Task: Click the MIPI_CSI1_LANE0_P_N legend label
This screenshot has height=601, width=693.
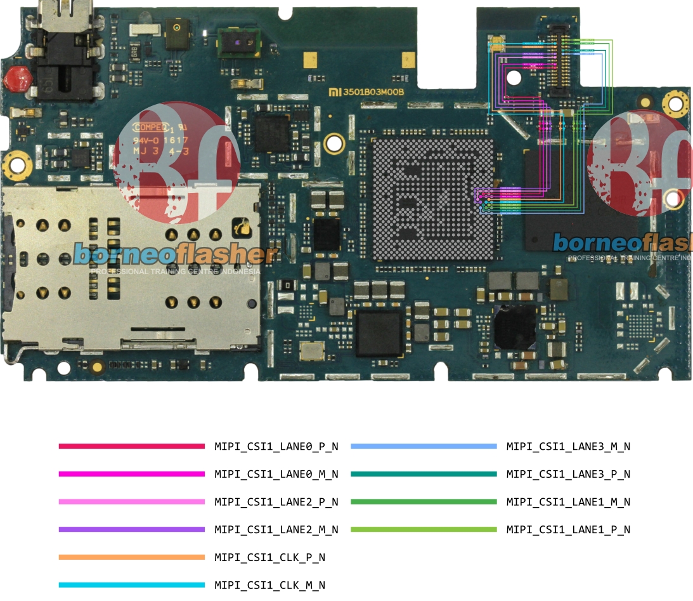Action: click(x=276, y=447)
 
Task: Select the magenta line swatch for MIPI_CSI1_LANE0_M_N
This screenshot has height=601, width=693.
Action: click(x=131, y=474)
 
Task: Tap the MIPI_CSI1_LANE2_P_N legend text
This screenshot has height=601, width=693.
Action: click(x=276, y=502)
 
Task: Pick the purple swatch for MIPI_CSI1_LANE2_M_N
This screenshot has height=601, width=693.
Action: click(x=131, y=529)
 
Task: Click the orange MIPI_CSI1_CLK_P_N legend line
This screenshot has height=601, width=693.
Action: click(x=131, y=557)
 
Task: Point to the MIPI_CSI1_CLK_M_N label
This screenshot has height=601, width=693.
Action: click(x=269, y=585)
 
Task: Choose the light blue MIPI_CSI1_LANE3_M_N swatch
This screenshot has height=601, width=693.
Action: click(x=423, y=447)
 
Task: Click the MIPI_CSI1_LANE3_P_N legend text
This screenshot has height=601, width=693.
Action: click(x=568, y=474)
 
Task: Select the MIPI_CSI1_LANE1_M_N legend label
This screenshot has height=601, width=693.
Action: click(x=568, y=502)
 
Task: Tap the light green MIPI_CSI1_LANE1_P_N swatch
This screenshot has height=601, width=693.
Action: click(x=423, y=529)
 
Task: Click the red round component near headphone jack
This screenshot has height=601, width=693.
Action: click(x=17, y=79)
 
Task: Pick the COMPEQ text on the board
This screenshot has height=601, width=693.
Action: click(x=150, y=126)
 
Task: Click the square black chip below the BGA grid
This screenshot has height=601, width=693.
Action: click(x=379, y=332)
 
